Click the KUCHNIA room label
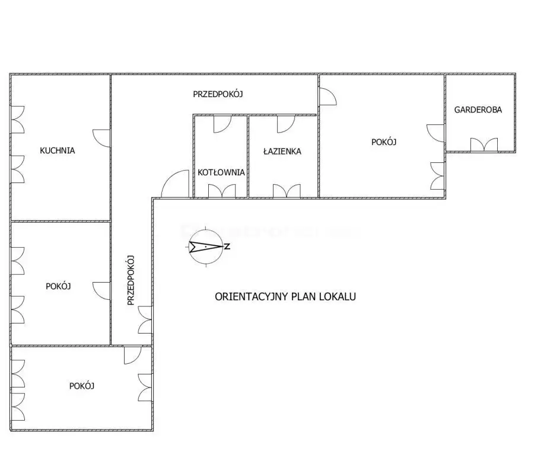coord(57,150)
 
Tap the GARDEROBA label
coord(478,110)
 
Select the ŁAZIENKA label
coord(282,151)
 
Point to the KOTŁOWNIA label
coord(221,172)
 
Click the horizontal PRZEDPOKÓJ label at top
coord(218,94)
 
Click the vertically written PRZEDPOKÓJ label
coord(131,280)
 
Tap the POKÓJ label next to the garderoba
coord(384,142)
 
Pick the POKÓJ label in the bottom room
coord(82,386)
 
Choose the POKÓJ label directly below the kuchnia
coord(58,286)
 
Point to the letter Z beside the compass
coord(227,246)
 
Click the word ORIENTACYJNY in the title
coord(252,297)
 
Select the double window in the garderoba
coord(484,145)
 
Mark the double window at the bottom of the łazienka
coord(287,191)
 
